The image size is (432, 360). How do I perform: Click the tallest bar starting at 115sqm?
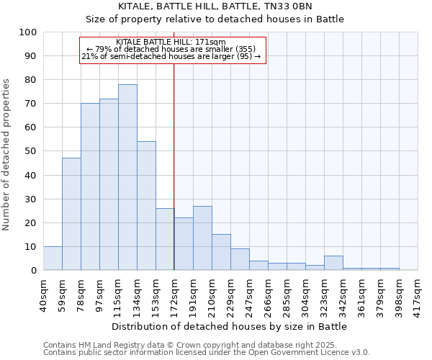[x=127, y=177]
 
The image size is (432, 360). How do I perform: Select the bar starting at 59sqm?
[x=71, y=214]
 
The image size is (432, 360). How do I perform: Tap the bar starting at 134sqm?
[x=146, y=206]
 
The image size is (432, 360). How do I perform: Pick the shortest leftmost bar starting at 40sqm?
[x=53, y=258]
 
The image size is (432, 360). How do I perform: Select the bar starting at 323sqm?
[x=333, y=263]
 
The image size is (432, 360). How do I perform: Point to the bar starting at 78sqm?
[x=90, y=186]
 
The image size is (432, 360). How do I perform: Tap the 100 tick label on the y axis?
[x=27, y=32]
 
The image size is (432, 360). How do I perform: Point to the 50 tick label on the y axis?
[x=30, y=151]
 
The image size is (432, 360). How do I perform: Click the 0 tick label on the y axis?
[x=33, y=270]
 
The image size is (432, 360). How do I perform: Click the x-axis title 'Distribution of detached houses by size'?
[x=230, y=326]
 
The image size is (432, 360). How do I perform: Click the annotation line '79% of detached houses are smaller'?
[x=173, y=49]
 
